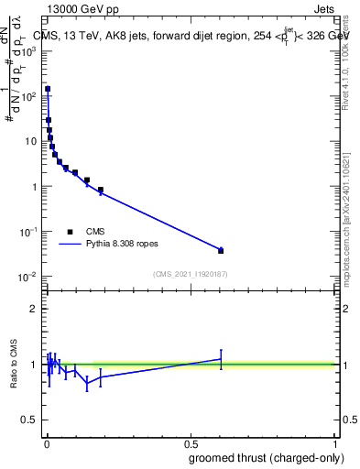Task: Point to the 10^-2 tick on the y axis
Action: pos(28,277)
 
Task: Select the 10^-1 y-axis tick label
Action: pos(28,232)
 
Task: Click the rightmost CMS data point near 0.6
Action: pos(221,250)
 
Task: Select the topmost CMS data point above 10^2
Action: pos(48,89)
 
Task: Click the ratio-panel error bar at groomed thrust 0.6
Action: pos(221,359)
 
